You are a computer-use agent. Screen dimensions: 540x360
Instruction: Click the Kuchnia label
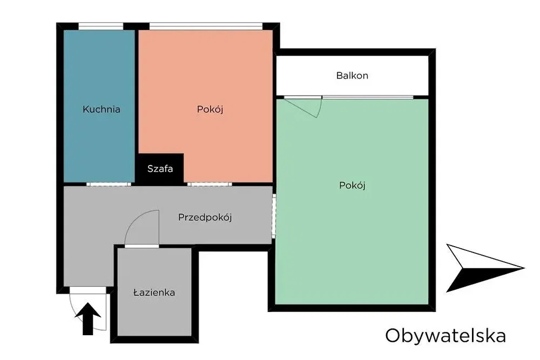102,110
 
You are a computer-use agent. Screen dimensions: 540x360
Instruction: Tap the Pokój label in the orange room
210,110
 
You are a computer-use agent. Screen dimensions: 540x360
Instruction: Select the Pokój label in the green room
352,186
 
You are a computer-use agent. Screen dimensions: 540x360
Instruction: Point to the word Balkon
352,76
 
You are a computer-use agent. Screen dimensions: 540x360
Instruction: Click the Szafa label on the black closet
160,168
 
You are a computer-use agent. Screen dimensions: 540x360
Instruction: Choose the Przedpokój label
205,218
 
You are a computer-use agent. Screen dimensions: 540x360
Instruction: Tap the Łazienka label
154,293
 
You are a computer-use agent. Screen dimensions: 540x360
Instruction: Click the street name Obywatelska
446,336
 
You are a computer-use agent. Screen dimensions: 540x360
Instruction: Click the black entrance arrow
88,318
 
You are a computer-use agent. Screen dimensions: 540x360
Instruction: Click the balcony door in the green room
303,107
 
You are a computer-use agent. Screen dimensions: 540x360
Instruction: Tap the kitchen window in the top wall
101,26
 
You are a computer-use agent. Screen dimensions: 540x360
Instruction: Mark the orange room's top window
206,26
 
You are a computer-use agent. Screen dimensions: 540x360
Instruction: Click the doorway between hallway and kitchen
109,184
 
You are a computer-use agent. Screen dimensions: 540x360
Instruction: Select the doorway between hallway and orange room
210,184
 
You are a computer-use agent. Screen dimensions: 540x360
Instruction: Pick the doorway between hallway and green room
274,216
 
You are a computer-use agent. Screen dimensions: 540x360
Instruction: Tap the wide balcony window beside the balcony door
368,97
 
